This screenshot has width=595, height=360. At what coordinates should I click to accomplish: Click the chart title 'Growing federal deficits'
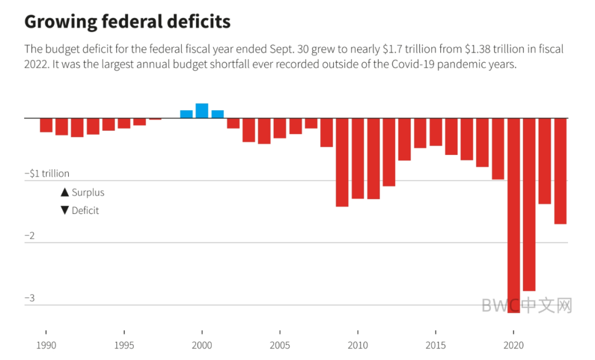point(127,22)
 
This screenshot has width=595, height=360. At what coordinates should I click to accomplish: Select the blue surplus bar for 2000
point(202,111)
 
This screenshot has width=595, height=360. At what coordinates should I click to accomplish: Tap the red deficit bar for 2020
point(513,215)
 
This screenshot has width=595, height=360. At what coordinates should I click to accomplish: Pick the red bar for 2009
point(342,162)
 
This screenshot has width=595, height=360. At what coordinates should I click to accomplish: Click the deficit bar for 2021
point(529,204)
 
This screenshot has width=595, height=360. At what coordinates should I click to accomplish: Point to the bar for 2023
point(560,171)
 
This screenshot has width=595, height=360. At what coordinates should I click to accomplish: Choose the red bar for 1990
point(46,125)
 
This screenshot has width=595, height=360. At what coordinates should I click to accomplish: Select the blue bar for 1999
point(186,114)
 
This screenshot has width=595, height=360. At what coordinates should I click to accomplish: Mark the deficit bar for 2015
point(436,132)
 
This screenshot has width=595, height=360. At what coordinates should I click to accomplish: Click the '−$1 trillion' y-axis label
point(47,174)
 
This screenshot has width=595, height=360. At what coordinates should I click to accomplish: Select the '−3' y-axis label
point(30,298)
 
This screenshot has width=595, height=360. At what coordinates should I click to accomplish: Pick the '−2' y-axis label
point(30,236)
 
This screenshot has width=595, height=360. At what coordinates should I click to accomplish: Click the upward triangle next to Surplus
point(64,192)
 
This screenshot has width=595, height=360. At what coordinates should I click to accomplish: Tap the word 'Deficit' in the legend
point(85,211)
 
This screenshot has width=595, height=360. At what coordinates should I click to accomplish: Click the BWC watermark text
point(527,305)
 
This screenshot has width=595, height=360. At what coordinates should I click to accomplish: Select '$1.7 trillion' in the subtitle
point(407,49)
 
